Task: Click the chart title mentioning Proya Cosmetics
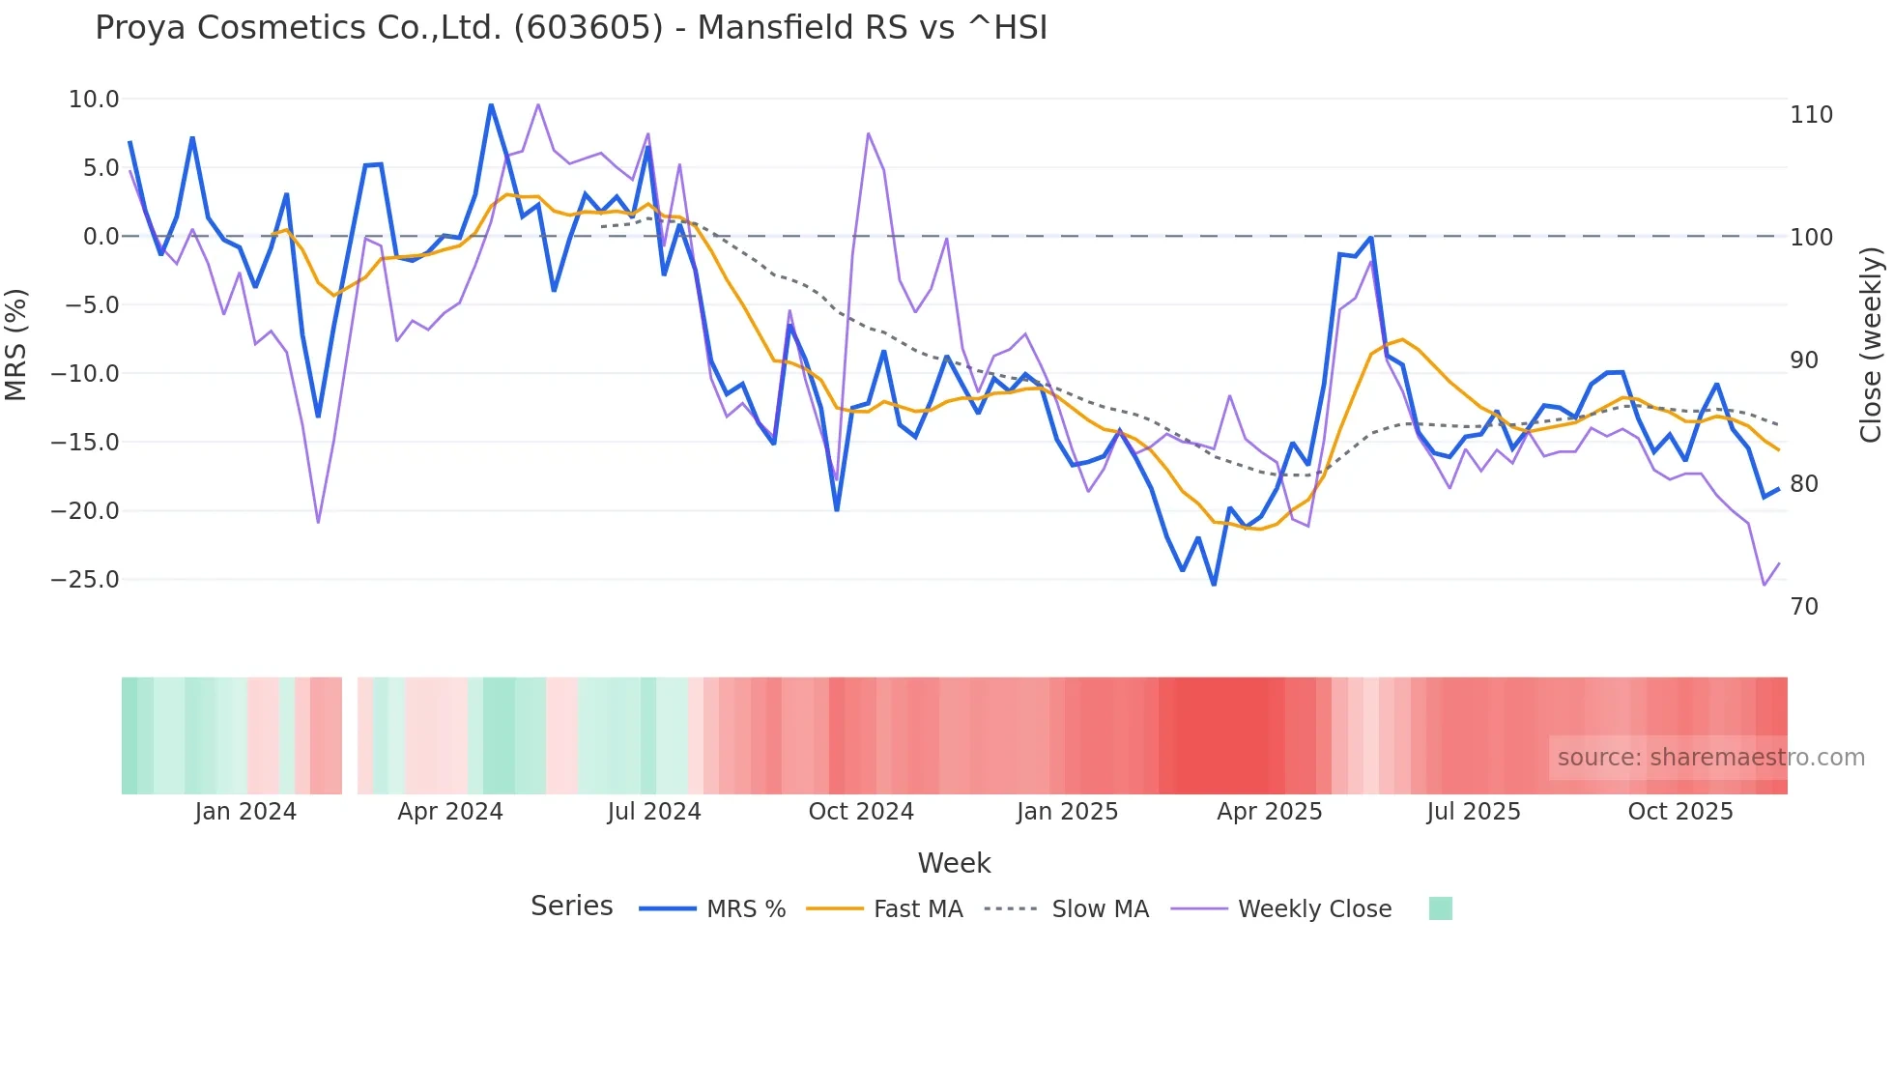click(x=570, y=28)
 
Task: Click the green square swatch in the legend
click(x=1440, y=908)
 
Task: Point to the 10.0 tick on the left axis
click(x=94, y=100)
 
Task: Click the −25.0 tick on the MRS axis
click(x=86, y=580)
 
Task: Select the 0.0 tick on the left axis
click(x=100, y=237)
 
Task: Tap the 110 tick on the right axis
click(x=1811, y=115)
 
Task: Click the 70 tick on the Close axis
click(x=1804, y=607)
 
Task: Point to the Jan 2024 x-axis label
click(x=245, y=812)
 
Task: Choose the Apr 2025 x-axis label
click(x=1269, y=812)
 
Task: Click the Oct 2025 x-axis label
click(x=1680, y=812)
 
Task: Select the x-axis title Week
click(x=954, y=863)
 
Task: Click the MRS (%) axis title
click(x=16, y=344)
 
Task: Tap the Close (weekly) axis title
click(x=1871, y=344)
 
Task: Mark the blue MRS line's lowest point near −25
click(x=1214, y=584)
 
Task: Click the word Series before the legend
click(x=571, y=907)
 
